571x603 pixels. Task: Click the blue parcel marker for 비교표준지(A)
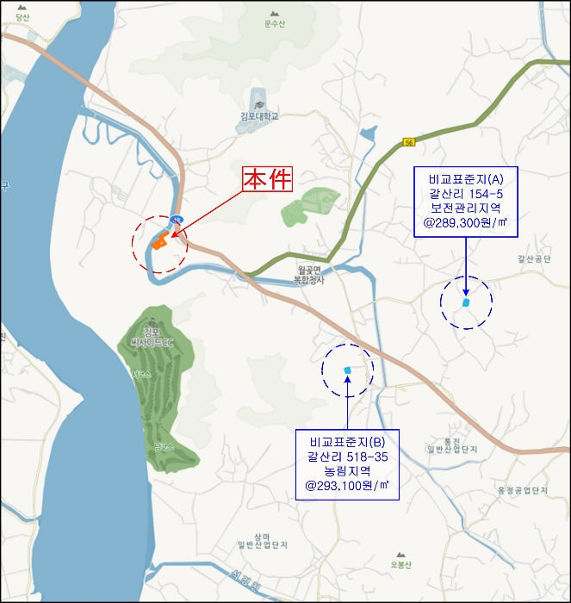(466, 302)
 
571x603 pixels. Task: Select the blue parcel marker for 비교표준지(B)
(347, 370)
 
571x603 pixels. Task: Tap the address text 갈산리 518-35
(347, 456)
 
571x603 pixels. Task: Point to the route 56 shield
(409, 141)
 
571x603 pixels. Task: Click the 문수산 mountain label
(275, 24)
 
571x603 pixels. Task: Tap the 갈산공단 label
(534, 257)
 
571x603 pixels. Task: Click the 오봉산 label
(401, 565)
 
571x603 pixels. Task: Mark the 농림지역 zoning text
(347, 471)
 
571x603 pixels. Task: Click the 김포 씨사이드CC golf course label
(152, 337)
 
